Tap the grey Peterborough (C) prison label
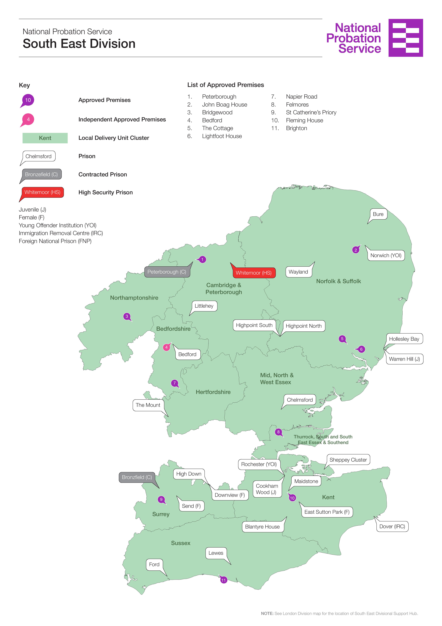167,272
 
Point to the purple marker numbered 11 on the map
223,580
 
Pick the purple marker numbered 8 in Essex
278,432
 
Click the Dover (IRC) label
392,526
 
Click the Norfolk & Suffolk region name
338,281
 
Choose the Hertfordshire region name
213,392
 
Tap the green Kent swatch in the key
45,138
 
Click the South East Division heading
79,44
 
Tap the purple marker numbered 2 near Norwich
355,250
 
